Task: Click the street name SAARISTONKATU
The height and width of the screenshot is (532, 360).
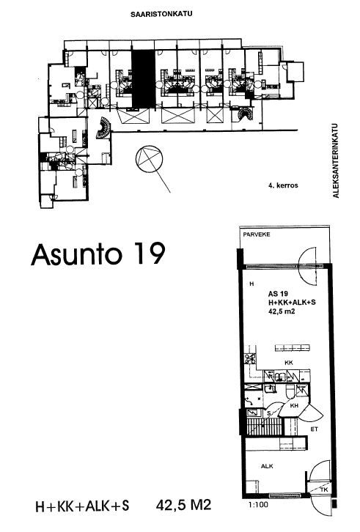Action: (x=161, y=14)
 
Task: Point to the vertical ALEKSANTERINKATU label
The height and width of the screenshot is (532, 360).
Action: (x=336, y=160)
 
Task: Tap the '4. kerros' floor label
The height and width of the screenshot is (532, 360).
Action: (x=283, y=185)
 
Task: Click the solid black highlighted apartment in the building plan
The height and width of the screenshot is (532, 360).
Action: (x=143, y=78)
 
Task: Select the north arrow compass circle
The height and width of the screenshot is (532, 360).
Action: (x=149, y=158)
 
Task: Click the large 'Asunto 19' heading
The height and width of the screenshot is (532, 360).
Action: (x=98, y=254)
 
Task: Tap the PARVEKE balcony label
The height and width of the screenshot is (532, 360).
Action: (x=257, y=234)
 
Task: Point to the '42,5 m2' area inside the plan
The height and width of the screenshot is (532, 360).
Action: (x=282, y=311)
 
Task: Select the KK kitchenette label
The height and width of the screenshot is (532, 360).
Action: (x=289, y=363)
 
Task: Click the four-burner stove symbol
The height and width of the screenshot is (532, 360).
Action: (x=250, y=359)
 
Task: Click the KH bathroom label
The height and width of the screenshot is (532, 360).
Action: (x=294, y=405)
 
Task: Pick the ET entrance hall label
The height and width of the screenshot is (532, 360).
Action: (x=315, y=429)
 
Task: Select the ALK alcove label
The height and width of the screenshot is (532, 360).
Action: (x=267, y=466)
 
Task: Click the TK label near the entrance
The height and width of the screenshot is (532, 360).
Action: (x=323, y=489)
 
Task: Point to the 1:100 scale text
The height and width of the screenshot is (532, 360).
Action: (x=258, y=504)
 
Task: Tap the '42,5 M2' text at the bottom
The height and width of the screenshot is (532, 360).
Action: (x=184, y=505)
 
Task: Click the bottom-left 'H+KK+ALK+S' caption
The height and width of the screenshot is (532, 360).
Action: (x=83, y=506)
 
